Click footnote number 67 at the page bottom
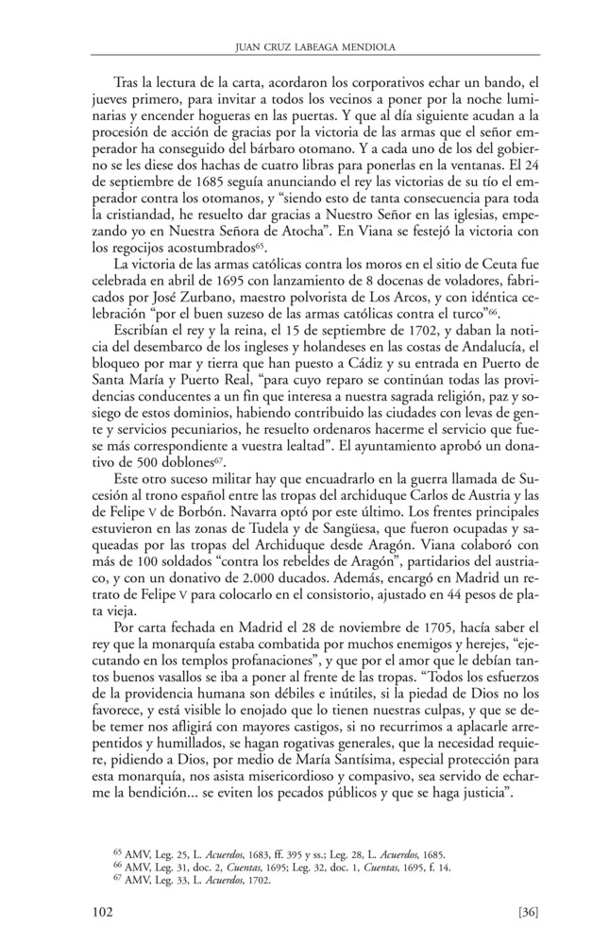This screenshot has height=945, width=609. coord(118,877)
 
